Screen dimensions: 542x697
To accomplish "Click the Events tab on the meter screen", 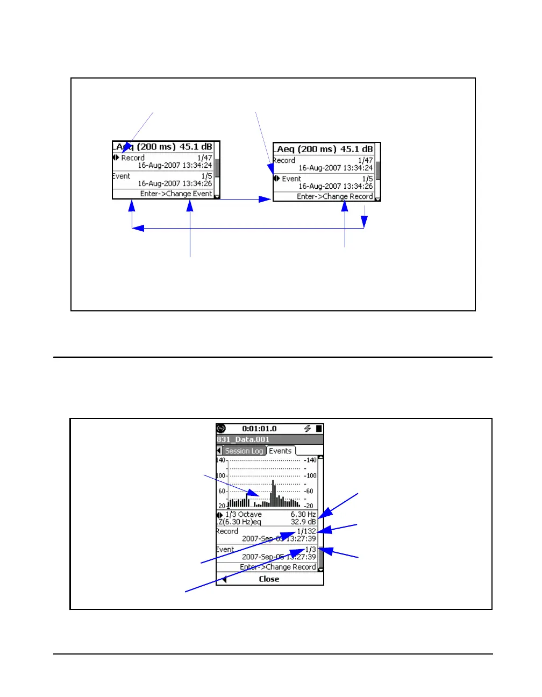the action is (x=280, y=451).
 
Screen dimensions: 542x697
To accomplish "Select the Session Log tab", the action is (x=244, y=451).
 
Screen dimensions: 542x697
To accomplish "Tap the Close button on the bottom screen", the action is (x=269, y=579).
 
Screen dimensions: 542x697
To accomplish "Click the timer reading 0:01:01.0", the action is (x=259, y=429).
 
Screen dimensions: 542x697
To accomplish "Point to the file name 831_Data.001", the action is (x=243, y=439).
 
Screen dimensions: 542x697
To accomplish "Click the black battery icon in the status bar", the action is (x=319, y=429).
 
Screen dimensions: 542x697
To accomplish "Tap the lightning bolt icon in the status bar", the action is (x=308, y=429).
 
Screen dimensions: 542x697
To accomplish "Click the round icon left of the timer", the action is (x=221, y=429).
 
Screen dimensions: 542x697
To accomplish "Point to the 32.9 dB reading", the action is (x=303, y=522).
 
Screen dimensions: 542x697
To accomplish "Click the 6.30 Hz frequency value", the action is (x=303, y=514).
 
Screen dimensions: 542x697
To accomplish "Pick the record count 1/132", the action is (x=306, y=531).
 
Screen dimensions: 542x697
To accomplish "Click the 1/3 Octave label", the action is (x=244, y=514).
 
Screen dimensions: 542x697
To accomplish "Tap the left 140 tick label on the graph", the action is (x=220, y=460).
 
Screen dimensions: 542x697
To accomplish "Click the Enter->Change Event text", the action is (x=176, y=194).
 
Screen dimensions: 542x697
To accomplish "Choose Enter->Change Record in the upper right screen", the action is (x=334, y=196).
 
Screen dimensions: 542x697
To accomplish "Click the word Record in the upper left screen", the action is (x=133, y=158).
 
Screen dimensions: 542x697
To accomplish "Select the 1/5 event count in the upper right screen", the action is (x=367, y=179).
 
